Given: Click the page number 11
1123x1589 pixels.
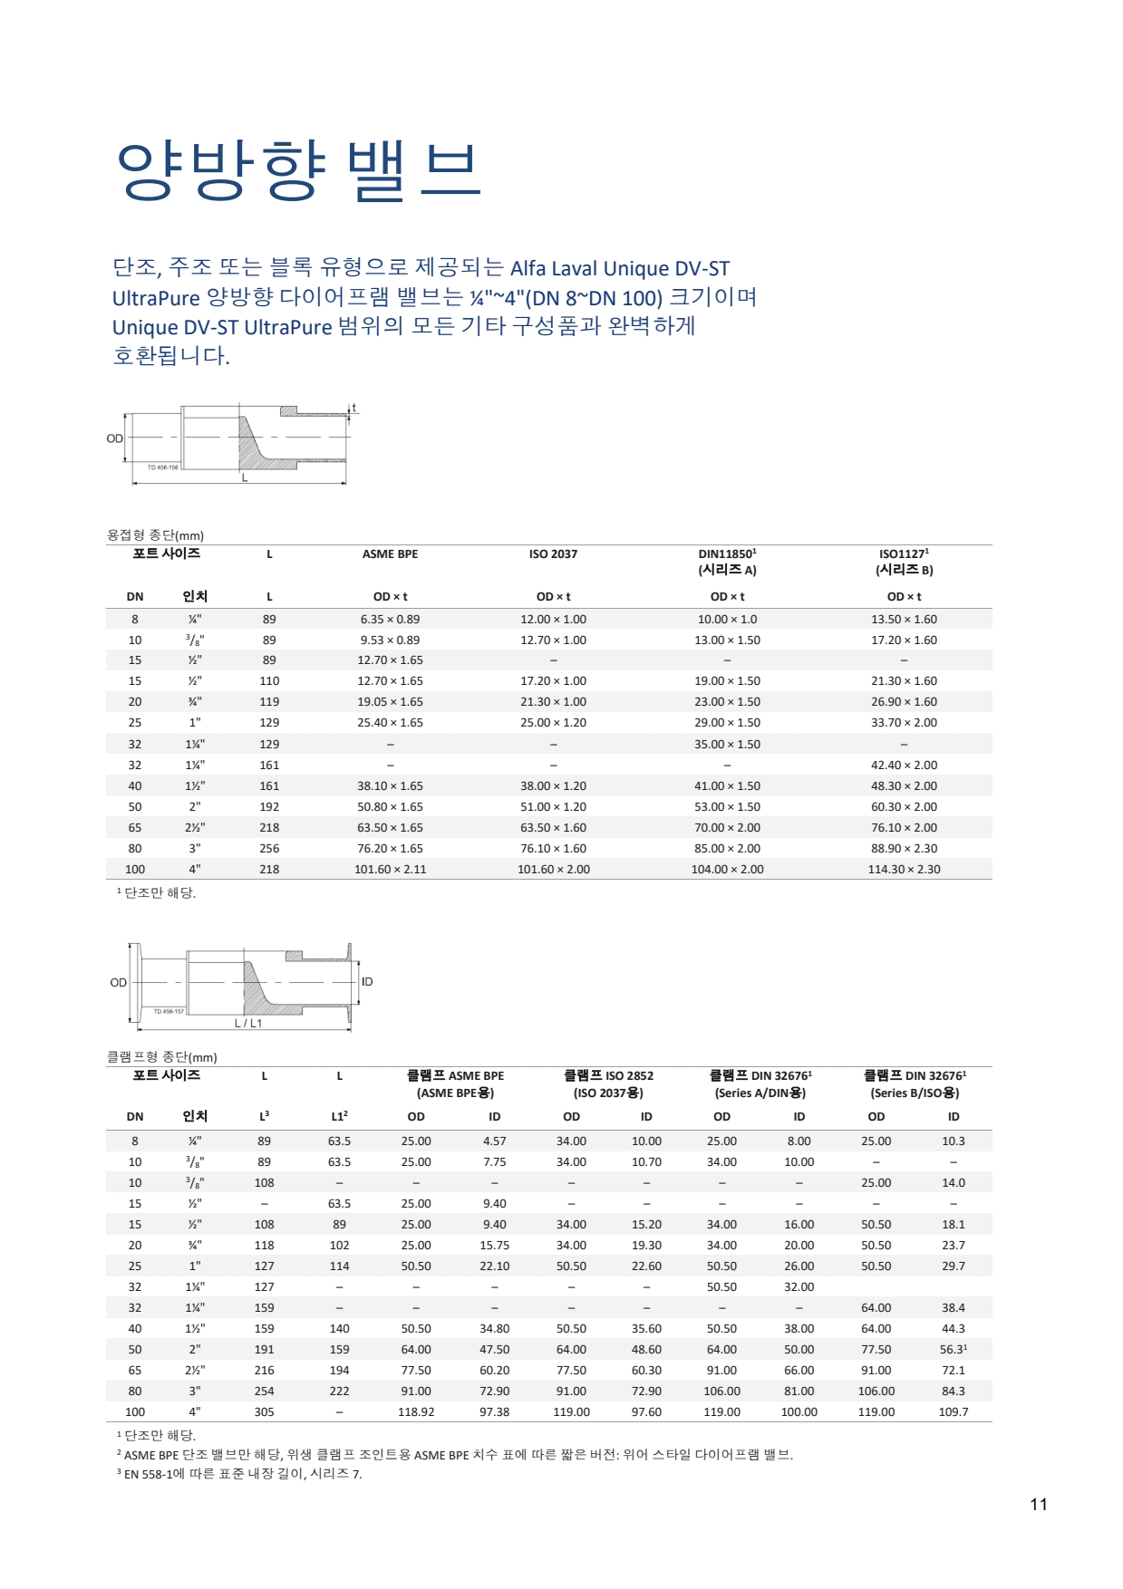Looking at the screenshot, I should [1038, 1504].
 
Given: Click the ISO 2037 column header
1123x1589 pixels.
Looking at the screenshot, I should [553, 554].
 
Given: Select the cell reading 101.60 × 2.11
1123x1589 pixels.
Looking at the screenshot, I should [390, 869].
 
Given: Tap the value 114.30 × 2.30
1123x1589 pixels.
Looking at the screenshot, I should [904, 869].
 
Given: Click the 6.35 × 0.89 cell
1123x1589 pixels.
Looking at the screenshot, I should [390, 619].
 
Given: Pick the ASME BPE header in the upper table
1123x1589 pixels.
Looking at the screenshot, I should [390, 554].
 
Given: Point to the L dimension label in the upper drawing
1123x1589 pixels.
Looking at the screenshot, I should [244, 477].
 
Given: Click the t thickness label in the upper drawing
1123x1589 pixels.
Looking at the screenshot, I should [354, 408].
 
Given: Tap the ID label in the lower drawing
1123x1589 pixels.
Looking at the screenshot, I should [367, 981].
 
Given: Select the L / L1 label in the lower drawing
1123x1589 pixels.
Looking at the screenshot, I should [248, 1023].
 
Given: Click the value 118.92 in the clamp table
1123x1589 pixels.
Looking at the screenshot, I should [416, 1411].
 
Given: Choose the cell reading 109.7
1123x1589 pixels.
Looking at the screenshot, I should [953, 1411].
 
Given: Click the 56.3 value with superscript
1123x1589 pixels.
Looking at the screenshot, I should [953, 1349].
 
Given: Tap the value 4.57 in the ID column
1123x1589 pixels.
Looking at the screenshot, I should [494, 1141].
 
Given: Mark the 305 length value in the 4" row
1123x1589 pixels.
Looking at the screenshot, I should [264, 1411].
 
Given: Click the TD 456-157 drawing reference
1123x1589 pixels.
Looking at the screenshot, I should [169, 1011].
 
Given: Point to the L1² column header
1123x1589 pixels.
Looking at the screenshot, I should [339, 1116].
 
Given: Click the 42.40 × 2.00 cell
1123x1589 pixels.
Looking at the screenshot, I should [904, 765].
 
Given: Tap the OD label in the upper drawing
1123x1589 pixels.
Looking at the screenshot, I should [114, 438].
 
